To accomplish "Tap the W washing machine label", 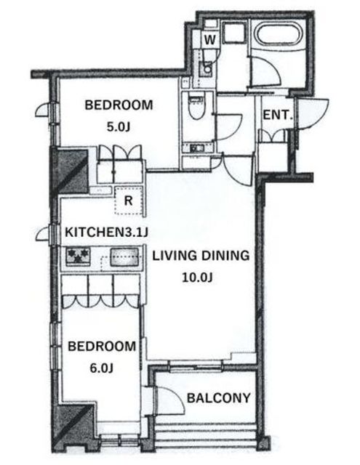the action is pos(210,39).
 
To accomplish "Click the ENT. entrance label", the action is pos(276,115).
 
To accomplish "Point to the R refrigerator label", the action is pos(128,201).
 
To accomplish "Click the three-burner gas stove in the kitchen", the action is pos(78,256).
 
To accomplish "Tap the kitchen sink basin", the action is pos(124,256).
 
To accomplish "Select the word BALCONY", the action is pos(219,398).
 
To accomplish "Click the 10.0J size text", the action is pos(197,278).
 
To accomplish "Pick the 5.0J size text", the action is pos(119,127).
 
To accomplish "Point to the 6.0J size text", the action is pos(102,368).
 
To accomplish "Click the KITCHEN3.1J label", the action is pos(106,232).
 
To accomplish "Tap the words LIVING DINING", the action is pos(201,256).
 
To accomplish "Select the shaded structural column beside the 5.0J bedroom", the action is pos(70,171).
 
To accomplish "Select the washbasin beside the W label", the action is pos(206,69).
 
